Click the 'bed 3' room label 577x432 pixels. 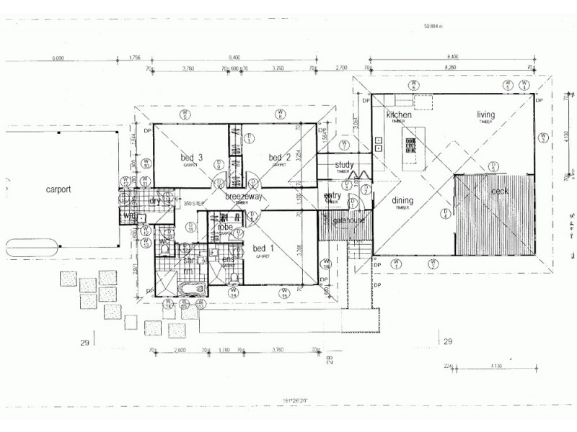tap(190, 158)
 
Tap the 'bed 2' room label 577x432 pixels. tap(279, 158)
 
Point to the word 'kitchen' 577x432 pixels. tap(399, 115)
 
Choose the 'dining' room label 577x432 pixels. tap(402, 202)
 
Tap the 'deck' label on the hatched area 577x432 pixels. tap(500, 192)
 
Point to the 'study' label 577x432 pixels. tap(344, 165)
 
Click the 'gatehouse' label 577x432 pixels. tap(349, 220)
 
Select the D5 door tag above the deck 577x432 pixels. tap(493, 165)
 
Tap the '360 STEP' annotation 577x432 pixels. tap(193, 204)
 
